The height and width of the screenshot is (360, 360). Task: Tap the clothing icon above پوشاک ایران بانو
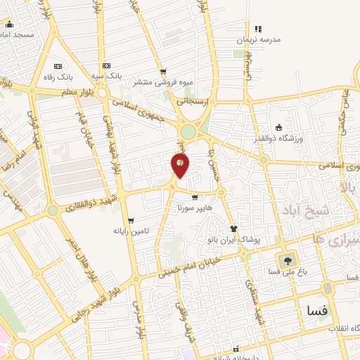[234, 229]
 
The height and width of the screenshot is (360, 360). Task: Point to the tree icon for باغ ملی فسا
[287, 259]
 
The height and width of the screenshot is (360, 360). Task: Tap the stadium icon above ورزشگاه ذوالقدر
[279, 128]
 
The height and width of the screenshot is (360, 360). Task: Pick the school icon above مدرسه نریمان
[258, 29]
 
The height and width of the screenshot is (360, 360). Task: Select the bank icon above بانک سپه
[105, 64]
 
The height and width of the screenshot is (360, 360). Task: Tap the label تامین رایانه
[131, 231]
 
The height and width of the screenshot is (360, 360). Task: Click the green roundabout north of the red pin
[188, 131]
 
